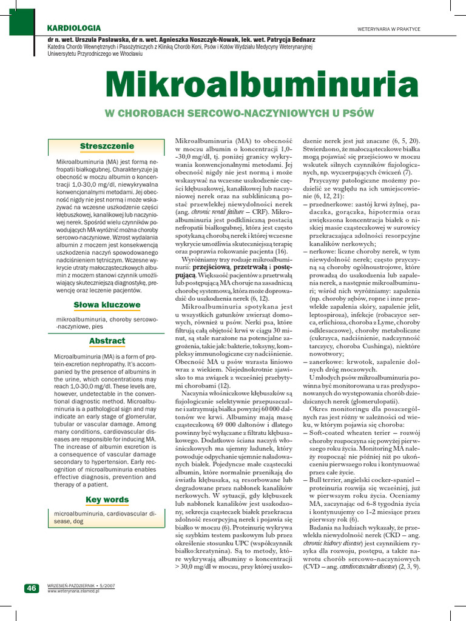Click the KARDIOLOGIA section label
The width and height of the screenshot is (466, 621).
coord(74,29)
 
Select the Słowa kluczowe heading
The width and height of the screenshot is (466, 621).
coord(107,304)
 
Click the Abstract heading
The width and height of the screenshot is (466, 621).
coord(107,341)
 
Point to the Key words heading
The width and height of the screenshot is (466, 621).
coord(107,500)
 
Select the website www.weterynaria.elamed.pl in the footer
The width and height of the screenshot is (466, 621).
coord(73,591)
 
